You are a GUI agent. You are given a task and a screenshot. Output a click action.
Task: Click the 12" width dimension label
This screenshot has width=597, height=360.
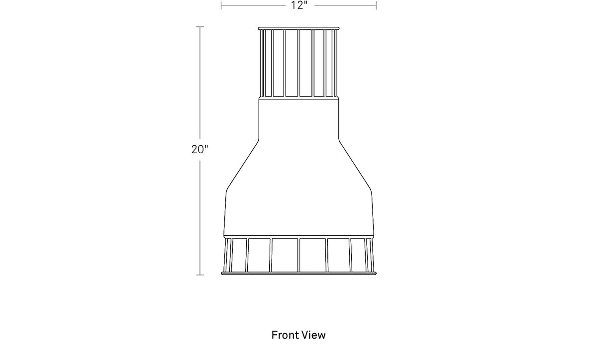coord(299,5)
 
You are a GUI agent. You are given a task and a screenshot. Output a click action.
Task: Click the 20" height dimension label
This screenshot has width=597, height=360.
coord(199,149)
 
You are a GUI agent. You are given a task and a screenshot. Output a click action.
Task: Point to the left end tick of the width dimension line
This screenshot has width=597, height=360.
coord(221,5)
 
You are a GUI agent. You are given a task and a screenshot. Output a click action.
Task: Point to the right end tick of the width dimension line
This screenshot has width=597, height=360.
coord(376,5)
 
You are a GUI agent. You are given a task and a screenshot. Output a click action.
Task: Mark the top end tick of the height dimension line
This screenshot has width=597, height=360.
coord(200,27)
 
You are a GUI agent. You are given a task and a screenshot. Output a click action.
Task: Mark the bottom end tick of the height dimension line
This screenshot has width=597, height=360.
coord(200,275)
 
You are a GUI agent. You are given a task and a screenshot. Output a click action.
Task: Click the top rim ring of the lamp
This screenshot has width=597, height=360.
coord(298,28)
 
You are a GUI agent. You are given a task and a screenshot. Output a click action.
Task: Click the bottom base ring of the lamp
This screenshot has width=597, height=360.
coord(299,273)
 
